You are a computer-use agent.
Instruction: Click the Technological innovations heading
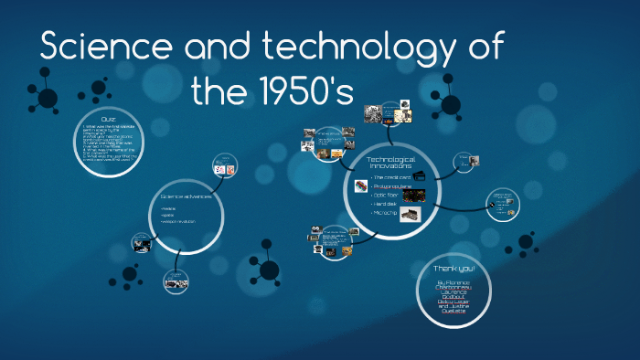[x=390, y=163]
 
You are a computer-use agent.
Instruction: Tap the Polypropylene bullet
[x=392, y=185]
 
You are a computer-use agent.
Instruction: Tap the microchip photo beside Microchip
[x=410, y=214]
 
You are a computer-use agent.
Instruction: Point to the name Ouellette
[x=453, y=312]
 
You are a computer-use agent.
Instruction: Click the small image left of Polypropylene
[x=360, y=185]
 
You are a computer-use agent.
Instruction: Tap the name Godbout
[x=454, y=297]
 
